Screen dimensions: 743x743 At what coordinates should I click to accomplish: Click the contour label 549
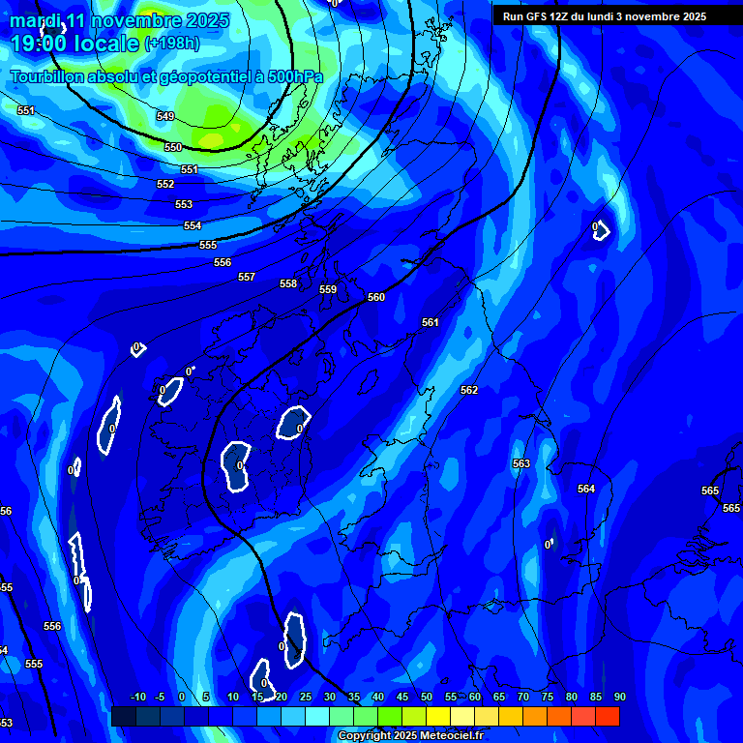point(165,116)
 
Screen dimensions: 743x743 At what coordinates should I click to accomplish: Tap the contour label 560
point(376,297)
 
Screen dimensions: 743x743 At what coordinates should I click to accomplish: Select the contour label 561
point(431,322)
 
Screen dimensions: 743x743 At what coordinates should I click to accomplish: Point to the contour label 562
point(469,390)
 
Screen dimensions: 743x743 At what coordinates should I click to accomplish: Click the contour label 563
point(521,463)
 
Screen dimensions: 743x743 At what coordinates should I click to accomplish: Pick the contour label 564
point(586,489)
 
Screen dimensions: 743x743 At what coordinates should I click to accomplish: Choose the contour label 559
point(328,289)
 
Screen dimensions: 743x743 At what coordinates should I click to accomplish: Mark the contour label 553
point(184,204)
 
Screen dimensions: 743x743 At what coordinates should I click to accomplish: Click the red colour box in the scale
point(607,716)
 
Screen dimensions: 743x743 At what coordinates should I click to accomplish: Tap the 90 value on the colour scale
point(619,698)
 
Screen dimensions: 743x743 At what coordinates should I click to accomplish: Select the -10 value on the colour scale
point(137,698)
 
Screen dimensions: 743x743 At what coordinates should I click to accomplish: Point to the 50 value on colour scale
point(426,698)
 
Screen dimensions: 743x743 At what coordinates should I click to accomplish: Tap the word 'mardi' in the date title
point(35,20)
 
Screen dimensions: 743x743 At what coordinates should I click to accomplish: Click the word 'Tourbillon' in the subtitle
point(49,76)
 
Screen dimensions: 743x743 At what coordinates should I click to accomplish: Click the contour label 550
point(172,147)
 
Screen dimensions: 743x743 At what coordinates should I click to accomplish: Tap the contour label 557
point(247,277)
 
